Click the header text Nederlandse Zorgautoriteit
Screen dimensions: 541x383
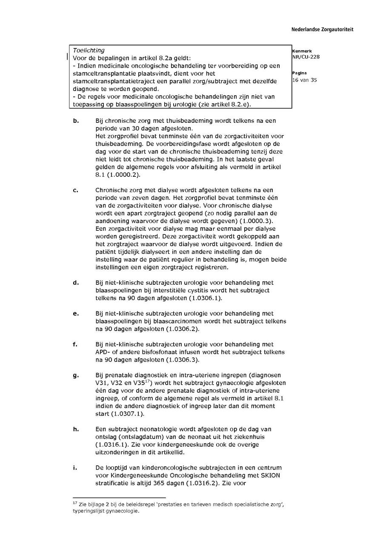pos(322,30)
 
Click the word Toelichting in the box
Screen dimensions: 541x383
pos(89,51)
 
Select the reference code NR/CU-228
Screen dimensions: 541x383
pos(306,57)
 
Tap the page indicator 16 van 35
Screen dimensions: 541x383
pos(304,80)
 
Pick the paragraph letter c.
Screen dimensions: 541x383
pos(75,190)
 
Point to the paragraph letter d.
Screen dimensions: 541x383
pos(75,283)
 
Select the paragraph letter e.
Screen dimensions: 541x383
pos(75,314)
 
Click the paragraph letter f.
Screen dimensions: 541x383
pos(75,344)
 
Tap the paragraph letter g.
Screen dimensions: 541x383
pos(75,376)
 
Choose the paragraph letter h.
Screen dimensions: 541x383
pos(75,429)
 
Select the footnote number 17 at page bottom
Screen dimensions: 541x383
pos(75,502)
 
